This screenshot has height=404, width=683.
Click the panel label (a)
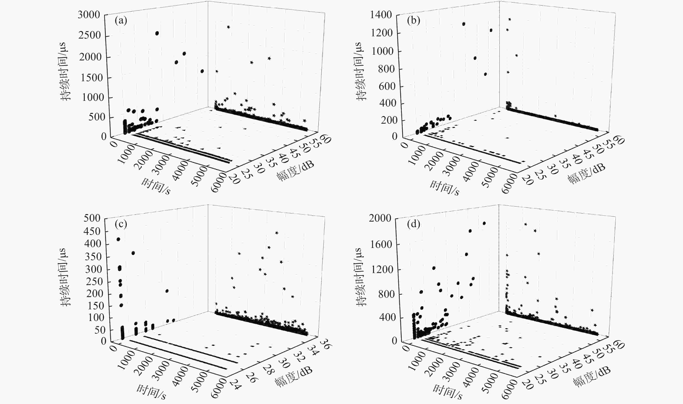121,21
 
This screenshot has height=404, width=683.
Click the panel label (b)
413,21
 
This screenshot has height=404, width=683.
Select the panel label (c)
121,224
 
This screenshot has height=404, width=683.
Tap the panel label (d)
413,224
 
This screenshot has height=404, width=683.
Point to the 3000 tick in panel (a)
89,14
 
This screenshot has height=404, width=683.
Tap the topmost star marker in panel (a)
228,27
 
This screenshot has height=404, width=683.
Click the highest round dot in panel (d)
484,223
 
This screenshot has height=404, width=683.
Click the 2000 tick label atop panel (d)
380,218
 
